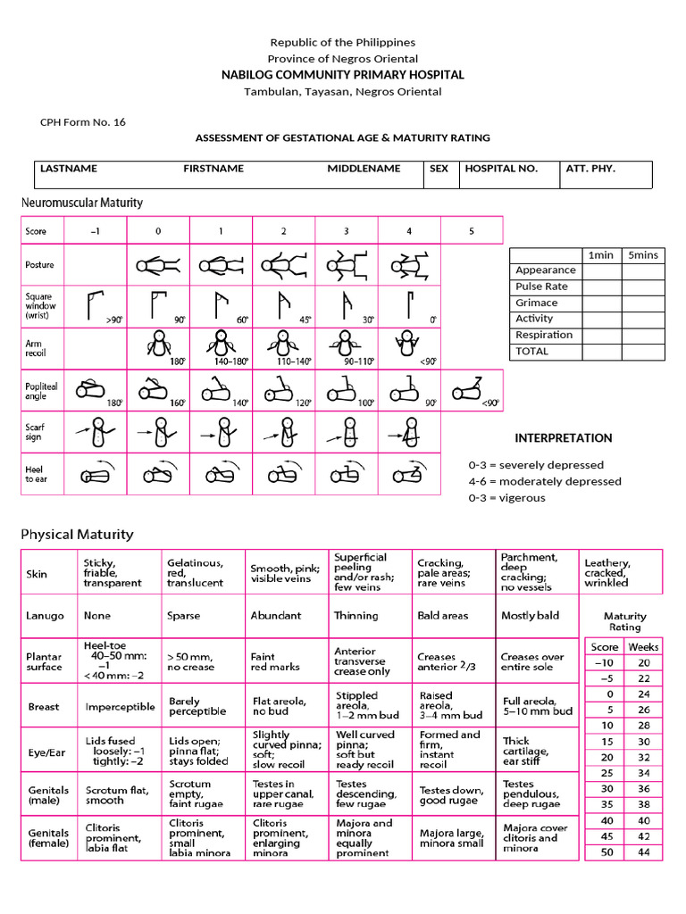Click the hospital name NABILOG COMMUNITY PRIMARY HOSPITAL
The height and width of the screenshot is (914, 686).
(343, 75)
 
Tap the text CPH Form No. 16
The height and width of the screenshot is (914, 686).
(83, 122)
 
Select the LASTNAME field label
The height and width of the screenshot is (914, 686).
(69, 168)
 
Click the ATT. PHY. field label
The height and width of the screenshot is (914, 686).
(590, 168)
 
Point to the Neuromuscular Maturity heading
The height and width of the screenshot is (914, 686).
(82, 203)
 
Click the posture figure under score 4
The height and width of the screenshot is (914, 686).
(409, 265)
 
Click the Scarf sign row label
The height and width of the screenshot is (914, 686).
(36, 432)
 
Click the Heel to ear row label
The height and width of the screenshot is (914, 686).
(35, 474)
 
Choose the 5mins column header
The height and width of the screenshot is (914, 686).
(641, 254)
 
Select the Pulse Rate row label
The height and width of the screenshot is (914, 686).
(541, 287)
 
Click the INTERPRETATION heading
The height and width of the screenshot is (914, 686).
(564, 438)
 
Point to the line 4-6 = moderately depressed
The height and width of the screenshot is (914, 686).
(545, 481)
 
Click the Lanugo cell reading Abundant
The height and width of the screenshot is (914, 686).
(276, 616)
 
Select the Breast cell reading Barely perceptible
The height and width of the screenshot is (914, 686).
(197, 707)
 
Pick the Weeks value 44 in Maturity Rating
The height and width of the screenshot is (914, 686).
(643, 852)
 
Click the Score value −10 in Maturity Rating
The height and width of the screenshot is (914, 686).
(603, 662)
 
